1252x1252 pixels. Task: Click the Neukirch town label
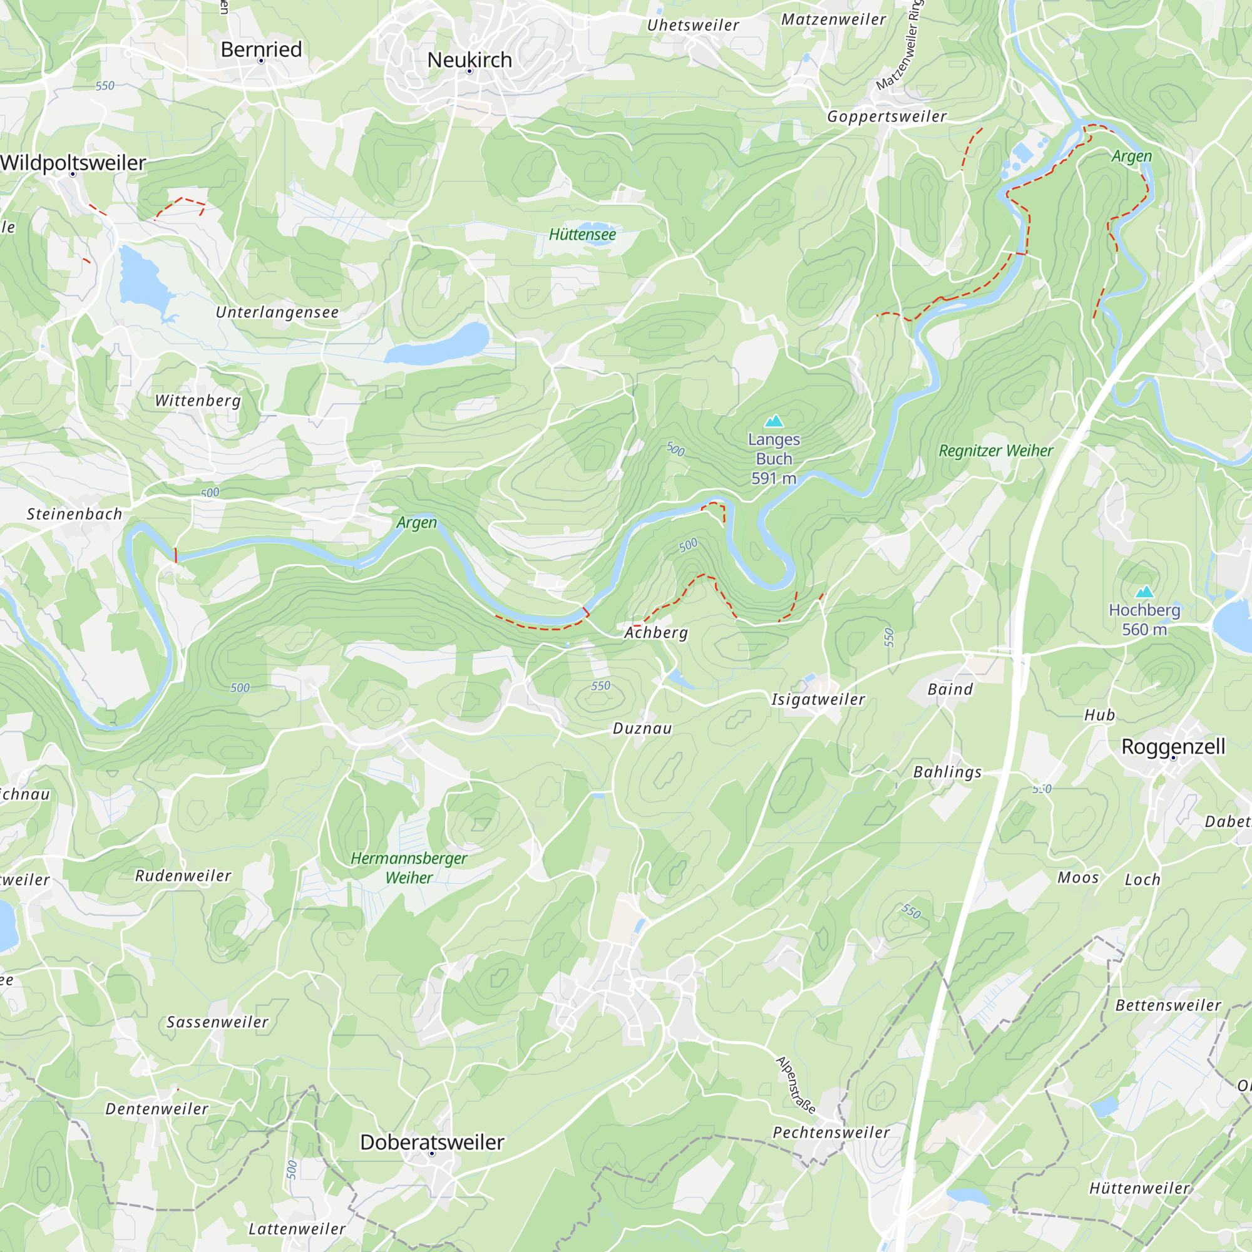(469, 59)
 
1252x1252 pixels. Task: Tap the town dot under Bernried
(261, 61)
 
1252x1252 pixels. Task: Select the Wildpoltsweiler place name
(73, 163)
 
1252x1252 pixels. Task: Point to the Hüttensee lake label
(582, 235)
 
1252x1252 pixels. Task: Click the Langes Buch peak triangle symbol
(774, 422)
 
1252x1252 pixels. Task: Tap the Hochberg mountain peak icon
(1144, 592)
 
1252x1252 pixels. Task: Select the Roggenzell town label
(1173, 746)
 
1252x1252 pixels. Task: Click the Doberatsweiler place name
(431, 1142)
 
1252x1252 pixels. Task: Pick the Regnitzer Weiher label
(995, 451)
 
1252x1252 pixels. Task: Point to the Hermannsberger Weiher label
(408, 868)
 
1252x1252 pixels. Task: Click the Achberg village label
(656, 632)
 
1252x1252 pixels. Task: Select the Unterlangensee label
(277, 312)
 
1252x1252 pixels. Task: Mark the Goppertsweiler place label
(886, 116)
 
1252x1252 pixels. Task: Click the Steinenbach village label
(74, 515)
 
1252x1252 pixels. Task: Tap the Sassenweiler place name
(217, 1022)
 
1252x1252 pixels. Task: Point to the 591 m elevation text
(774, 479)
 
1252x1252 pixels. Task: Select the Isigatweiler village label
(818, 699)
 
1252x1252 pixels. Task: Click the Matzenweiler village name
(833, 19)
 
